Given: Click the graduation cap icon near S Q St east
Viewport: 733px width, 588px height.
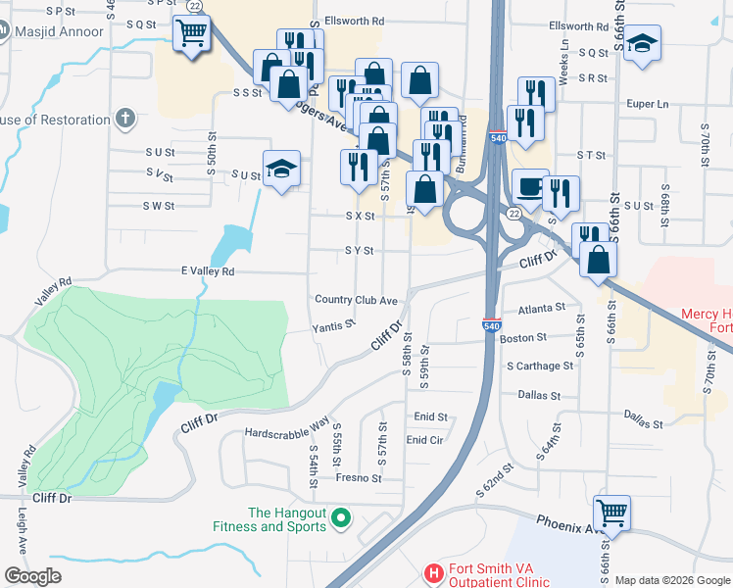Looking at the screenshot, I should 643,44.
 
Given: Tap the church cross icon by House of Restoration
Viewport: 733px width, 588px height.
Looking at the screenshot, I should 123,120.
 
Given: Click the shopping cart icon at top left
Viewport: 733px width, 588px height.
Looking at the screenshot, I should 190,35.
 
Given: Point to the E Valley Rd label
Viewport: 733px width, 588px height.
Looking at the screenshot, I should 208,271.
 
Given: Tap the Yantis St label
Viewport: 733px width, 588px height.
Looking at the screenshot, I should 332,326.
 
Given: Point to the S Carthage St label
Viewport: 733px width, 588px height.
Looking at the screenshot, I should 540,367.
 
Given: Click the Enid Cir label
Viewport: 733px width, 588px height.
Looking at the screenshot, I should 424,440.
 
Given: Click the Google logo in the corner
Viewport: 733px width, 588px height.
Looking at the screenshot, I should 32,576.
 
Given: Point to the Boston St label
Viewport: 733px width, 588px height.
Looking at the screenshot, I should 522,338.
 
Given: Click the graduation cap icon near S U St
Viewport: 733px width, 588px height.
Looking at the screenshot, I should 281,168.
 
